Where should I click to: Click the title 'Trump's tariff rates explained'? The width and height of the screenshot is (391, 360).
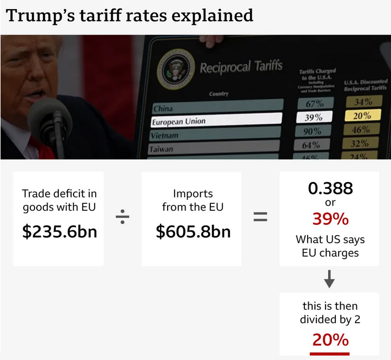click(130, 15)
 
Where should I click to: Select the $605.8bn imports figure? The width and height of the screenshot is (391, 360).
click(193, 231)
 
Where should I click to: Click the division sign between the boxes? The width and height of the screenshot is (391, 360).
click(122, 217)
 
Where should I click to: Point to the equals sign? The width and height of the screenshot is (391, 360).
click(261, 217)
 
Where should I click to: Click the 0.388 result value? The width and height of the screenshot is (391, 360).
click(330, 188)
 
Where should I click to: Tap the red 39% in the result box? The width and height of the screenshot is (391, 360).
click(330, 219)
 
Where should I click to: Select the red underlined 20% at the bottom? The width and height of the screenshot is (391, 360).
click(330, 339)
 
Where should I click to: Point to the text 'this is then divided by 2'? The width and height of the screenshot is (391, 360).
click(330, 312)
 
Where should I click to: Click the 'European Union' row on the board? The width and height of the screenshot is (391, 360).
click(178, 121)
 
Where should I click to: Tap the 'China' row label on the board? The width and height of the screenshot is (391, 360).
click(163, 108)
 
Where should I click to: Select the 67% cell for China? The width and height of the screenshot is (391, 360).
click(315, 103)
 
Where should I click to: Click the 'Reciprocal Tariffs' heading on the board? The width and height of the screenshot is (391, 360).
click(241, 68)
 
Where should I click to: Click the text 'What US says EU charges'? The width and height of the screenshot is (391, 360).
click(330, 245)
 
